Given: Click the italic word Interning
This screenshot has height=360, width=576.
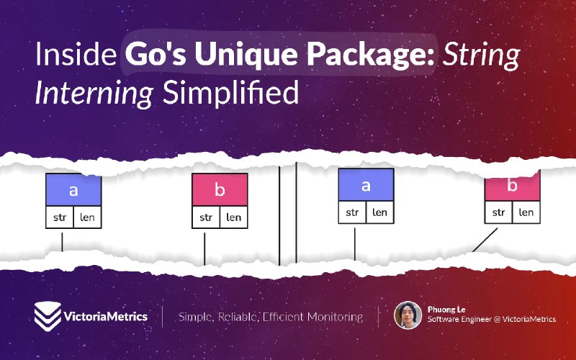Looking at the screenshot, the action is [x=94, y=94].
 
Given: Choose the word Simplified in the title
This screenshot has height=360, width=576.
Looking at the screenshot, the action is [x=230, y=92].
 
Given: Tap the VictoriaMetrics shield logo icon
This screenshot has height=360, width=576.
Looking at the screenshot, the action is [x=48, y=316].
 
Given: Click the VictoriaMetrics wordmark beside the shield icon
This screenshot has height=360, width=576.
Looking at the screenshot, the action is [x=106, y=316].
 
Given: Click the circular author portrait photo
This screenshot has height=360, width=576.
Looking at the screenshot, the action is [x=408, y=315].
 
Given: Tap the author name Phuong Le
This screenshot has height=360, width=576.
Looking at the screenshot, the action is [x=446, y=310].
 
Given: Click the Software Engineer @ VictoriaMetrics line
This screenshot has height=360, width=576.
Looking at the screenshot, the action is [x=492, y=319].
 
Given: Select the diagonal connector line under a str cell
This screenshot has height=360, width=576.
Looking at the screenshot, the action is [x=485, y=240].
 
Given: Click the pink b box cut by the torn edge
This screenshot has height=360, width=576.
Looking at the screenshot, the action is [x=513, y=186].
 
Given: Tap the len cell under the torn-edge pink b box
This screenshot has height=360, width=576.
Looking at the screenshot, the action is [x=526, y=212].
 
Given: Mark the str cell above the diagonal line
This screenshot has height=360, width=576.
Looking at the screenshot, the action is [x=498, y=212].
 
